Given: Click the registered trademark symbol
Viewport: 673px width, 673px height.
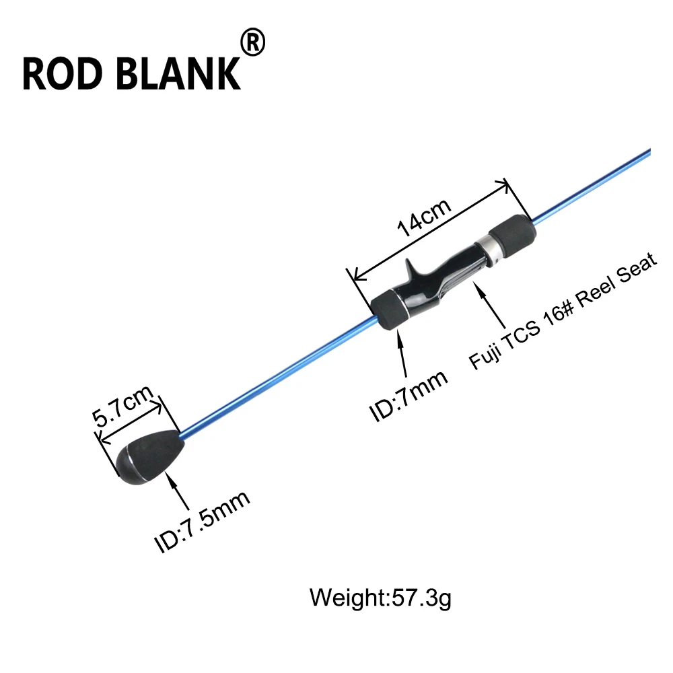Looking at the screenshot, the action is point(253,42).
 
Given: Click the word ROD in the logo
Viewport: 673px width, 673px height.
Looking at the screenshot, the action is point(63,74).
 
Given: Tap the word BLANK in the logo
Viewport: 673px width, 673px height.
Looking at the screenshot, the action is point(178,74).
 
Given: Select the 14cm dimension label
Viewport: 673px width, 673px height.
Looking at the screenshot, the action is point(424,217).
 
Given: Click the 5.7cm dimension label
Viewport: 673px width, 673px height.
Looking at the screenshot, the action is point(122,405).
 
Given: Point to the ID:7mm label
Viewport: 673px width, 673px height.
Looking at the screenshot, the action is point(409,395).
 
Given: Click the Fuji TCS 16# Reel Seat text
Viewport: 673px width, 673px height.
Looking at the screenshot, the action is point(563,311).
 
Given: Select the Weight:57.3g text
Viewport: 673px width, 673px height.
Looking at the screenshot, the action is point(380,598).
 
